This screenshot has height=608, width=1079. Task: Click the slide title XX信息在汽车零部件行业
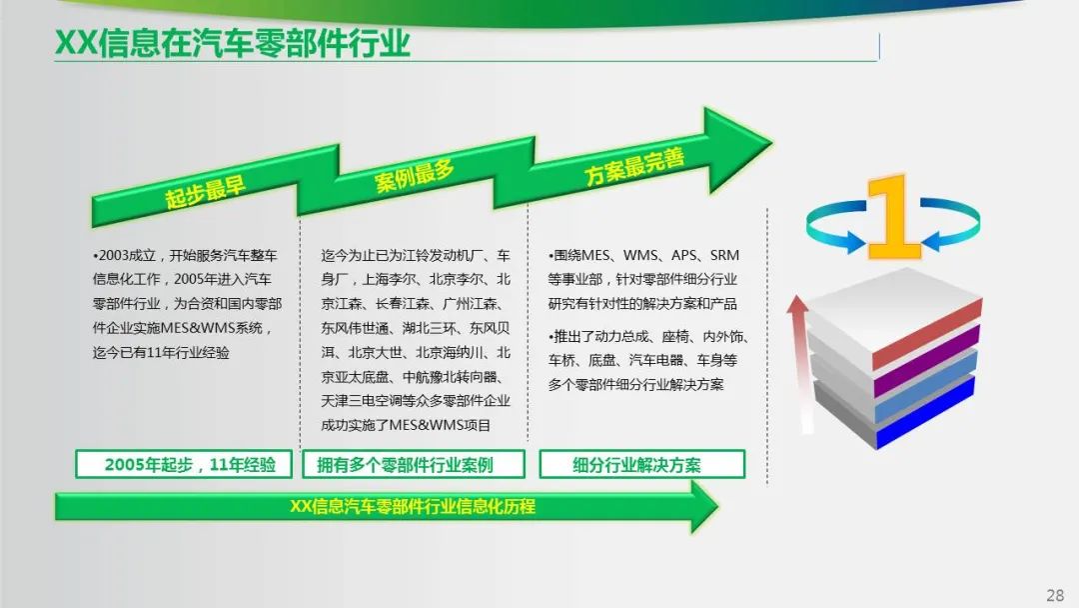pyautogui.click(x=233, y=43)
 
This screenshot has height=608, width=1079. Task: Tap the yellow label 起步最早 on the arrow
pyautogui.click(x=205, y=192)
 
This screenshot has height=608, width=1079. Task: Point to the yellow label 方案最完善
pyautogui.click(x=635, y=166)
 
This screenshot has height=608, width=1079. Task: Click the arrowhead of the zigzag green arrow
pyautogui.click(x=735, y=147)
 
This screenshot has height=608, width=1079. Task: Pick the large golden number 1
pyautogui.click(x=893, y=217)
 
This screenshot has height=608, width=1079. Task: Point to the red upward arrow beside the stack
pyautogui.click(x=800, y=364)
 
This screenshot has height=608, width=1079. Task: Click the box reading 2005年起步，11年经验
pyautogui.click(x=184, y=464)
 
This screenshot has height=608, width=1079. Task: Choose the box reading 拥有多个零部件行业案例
pyautogui.click(x=414, y=464)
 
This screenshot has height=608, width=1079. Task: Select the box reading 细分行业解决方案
pyautogui.click(x=642, y=464)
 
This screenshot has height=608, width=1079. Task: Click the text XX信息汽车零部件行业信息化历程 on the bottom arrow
pyautogui.click(x=413, y=507)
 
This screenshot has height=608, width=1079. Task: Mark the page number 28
pyautogui.click(x=1055, y=595)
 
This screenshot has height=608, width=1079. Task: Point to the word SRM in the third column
pyautogui.click(x=724, y=255)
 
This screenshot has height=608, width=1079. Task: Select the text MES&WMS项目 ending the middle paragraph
pyautogui.click(x=440, y=426)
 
